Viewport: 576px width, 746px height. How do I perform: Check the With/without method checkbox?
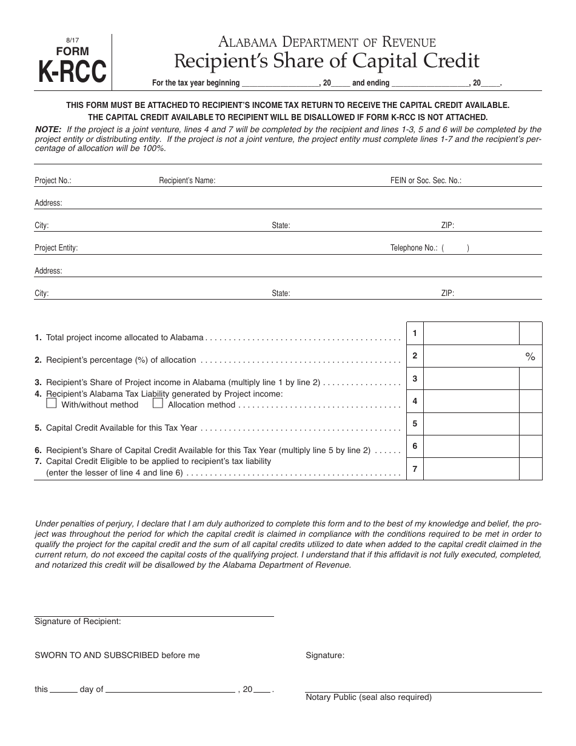[52, 403]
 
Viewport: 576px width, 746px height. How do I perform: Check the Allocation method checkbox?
[158, 403]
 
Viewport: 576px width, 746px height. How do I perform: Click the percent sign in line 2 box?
[531, 357]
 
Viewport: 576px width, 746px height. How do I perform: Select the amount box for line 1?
[471, 334]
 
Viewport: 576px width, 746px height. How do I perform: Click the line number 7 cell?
[415, 469]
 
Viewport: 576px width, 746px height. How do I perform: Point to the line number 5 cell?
[415, 424]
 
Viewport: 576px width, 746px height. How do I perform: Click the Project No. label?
[53, 181]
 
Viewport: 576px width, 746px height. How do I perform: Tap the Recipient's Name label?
[187, 181]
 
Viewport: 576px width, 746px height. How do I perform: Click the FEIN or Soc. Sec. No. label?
[426, 181]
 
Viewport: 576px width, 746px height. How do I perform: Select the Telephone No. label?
[414, 248]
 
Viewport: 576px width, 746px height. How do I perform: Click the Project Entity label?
[56, 248]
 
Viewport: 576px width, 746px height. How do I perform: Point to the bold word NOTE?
[49, 130]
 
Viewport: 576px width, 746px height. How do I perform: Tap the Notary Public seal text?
[369, 697]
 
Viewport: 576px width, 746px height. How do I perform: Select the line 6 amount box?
[471, 446]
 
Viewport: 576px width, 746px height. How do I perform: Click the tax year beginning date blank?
[281, 84]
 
